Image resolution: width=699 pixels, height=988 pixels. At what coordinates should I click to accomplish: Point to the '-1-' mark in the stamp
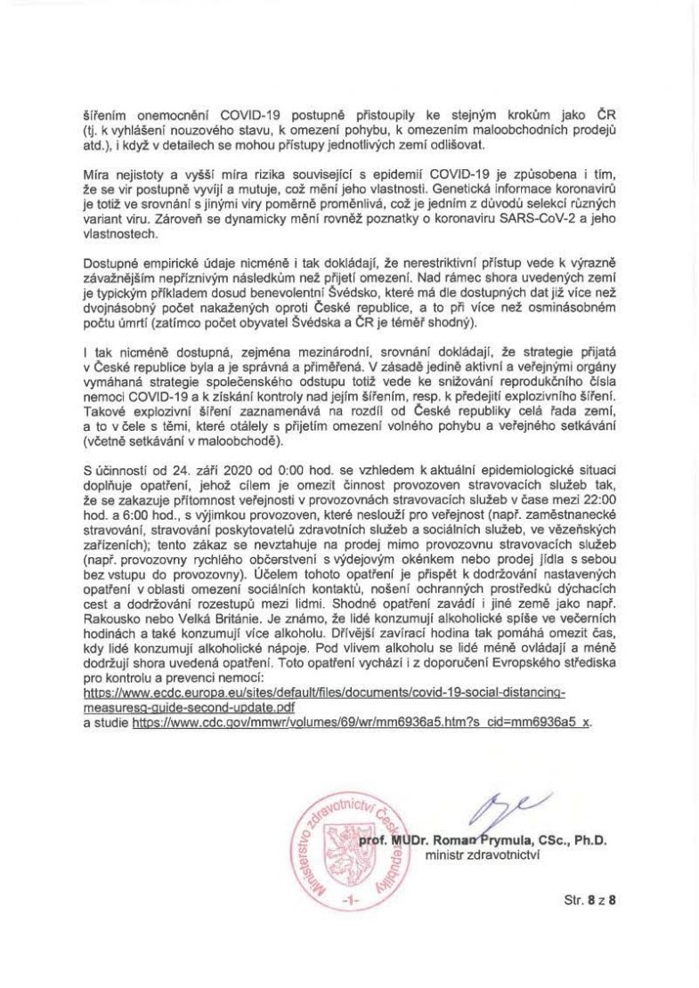354,902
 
